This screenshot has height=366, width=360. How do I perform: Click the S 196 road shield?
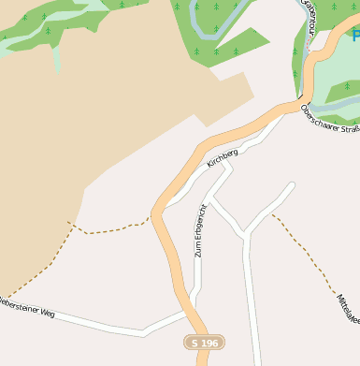(204, 344)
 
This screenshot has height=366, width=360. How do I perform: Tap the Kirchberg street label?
(223, 156)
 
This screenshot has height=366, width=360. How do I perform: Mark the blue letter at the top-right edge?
(355, 37)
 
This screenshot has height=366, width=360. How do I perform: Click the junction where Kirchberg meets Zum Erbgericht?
(200, 197)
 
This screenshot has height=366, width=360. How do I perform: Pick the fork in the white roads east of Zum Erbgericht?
(246, 234)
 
